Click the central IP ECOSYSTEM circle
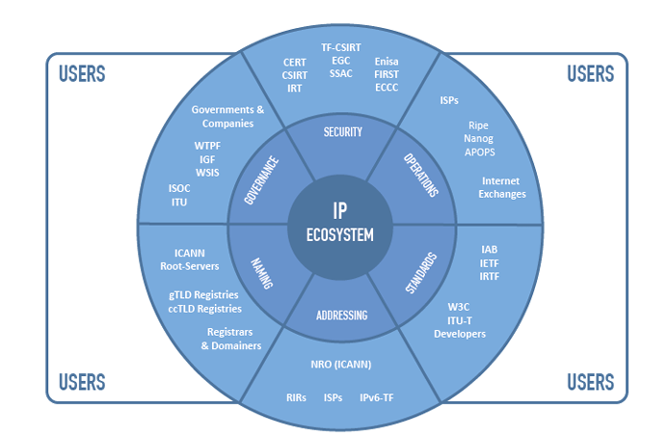click(x=339, y=223)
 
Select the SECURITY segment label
click(x=342, y=131)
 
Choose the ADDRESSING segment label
click(x=341, y=314)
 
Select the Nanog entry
click(x=478, y=139)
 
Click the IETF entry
click(x=489, y=262)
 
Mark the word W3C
click(x=459, y=307)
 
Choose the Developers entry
click(x=459, y=334)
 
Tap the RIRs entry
click(x=296, y=396)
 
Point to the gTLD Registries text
click(x=204, y=294)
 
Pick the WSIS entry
click(x=207, y=172)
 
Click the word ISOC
click(x=179, y=188)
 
